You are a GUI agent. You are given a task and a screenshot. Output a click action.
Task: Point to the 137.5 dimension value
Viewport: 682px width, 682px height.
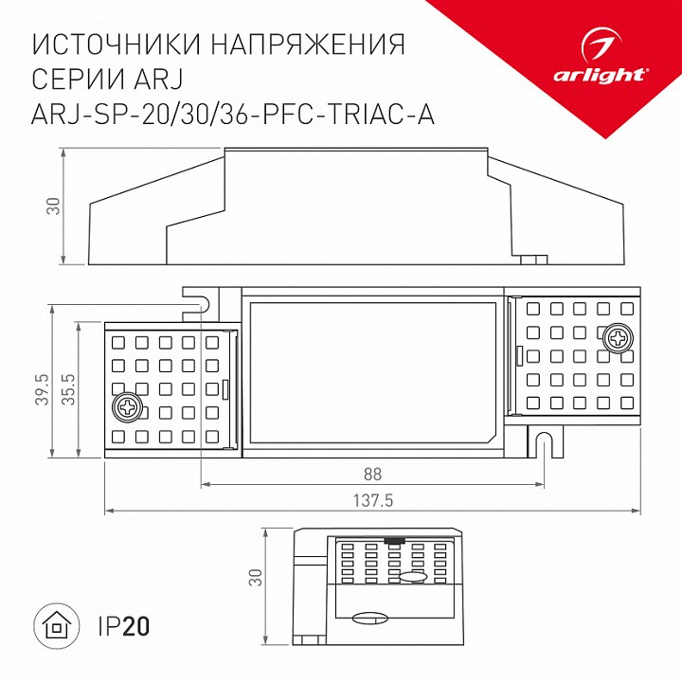[x=373, y=499]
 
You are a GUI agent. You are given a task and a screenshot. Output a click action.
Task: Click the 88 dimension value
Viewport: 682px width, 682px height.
[x=373, y=474]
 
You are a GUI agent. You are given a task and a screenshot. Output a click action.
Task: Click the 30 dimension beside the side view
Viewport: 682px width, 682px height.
[x=54, y=205]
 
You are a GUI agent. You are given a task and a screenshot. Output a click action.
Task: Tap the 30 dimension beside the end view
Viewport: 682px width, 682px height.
[x=256, y=577]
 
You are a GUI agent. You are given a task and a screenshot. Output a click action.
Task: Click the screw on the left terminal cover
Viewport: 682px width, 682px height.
[x=126, y=408]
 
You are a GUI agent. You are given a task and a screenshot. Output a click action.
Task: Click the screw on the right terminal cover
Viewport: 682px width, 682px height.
[x=619, y=337]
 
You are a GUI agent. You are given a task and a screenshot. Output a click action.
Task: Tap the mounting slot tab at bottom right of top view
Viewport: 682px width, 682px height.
[x=544, y=439]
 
